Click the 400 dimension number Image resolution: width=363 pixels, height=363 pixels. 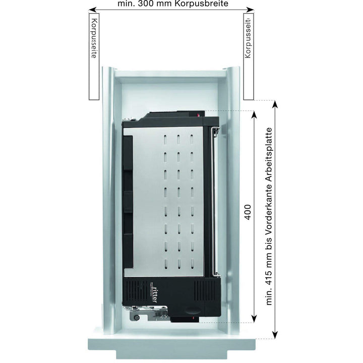pos(248,212)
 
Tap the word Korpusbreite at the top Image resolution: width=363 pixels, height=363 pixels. pos(202,4)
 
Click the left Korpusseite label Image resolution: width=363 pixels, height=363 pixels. pos(94,38)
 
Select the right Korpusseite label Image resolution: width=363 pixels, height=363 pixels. pos(248,38)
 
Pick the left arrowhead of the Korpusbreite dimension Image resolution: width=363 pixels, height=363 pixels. pos(92,10)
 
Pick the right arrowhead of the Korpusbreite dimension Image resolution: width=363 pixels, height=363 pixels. pos(250,10)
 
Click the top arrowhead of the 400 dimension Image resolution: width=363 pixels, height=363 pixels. pos(254,114)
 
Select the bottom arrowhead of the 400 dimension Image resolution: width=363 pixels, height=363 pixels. pos(254,319)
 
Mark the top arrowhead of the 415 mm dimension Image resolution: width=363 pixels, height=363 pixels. pos(275,104)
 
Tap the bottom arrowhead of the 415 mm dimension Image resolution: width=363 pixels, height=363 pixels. pos(275,335)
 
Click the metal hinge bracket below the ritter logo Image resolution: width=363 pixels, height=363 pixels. pos(148,313)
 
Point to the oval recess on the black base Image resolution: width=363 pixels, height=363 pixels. pos(193,310)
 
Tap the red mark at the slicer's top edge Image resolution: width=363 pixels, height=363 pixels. pos(198,114)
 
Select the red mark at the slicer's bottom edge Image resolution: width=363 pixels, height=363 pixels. pos(193,319)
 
